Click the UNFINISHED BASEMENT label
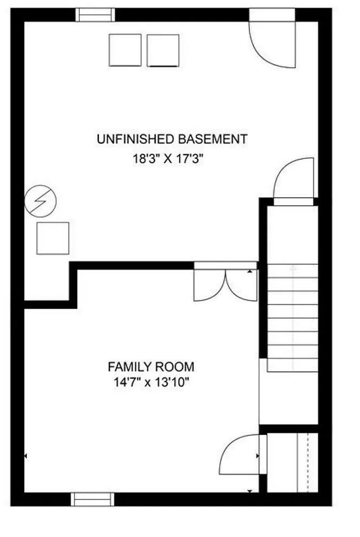click(172, 139)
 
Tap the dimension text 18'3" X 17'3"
click(168, 159)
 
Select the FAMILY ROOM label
click(151, 367)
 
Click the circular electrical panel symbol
click(41, 201)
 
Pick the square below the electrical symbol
click(53, 239)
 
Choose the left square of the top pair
click(125, 50)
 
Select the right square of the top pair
click(163, 50)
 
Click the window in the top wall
click(95, 15)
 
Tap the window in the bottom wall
click(93, 500)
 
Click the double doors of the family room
click(225, 281)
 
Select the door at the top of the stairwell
click(294, 181)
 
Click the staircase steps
click(293, 318)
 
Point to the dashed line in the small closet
click(308, 463)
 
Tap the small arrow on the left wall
click(26, 456)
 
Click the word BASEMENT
click(212, 139)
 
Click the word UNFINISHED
click(135, 139)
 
